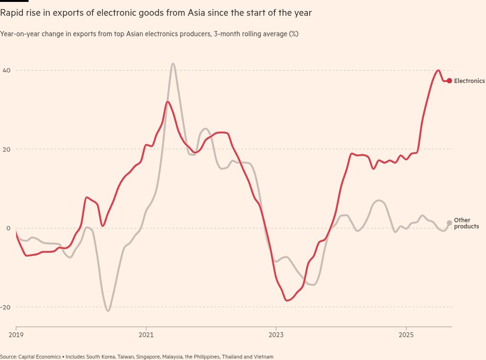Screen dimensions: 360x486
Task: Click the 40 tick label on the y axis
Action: pyautogui.click(x=7, y=71)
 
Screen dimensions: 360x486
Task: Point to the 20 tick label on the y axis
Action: pyautogui.click(x=7, y=149)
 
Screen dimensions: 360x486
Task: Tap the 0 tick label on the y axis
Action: pyautogui.click(x=8, y=228)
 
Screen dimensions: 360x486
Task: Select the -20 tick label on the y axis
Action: pyautogui.click(x=6, y=307)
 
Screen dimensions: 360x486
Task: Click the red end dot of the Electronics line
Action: pyautogui.click(x=449, y=81)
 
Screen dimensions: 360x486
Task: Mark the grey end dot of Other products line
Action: pyautogui.click(x=449, y=223)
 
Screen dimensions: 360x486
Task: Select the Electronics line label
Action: pyautogui.click(x=469, y=81)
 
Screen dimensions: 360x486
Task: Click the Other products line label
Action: pyautogui.click(x=466, y=223)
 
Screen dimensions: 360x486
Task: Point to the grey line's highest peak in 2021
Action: pyautogui.click(x=172, y=63)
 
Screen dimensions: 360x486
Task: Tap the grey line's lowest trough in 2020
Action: pyautogui.click(x=108, y=311)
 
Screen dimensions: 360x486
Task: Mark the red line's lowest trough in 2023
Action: pyautogui.click(x=286, y=300)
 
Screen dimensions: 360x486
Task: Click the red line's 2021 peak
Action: pyautogui.click(x=167, y=102)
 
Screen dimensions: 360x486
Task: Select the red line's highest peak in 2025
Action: pyautogui.click(x=438, y=71)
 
